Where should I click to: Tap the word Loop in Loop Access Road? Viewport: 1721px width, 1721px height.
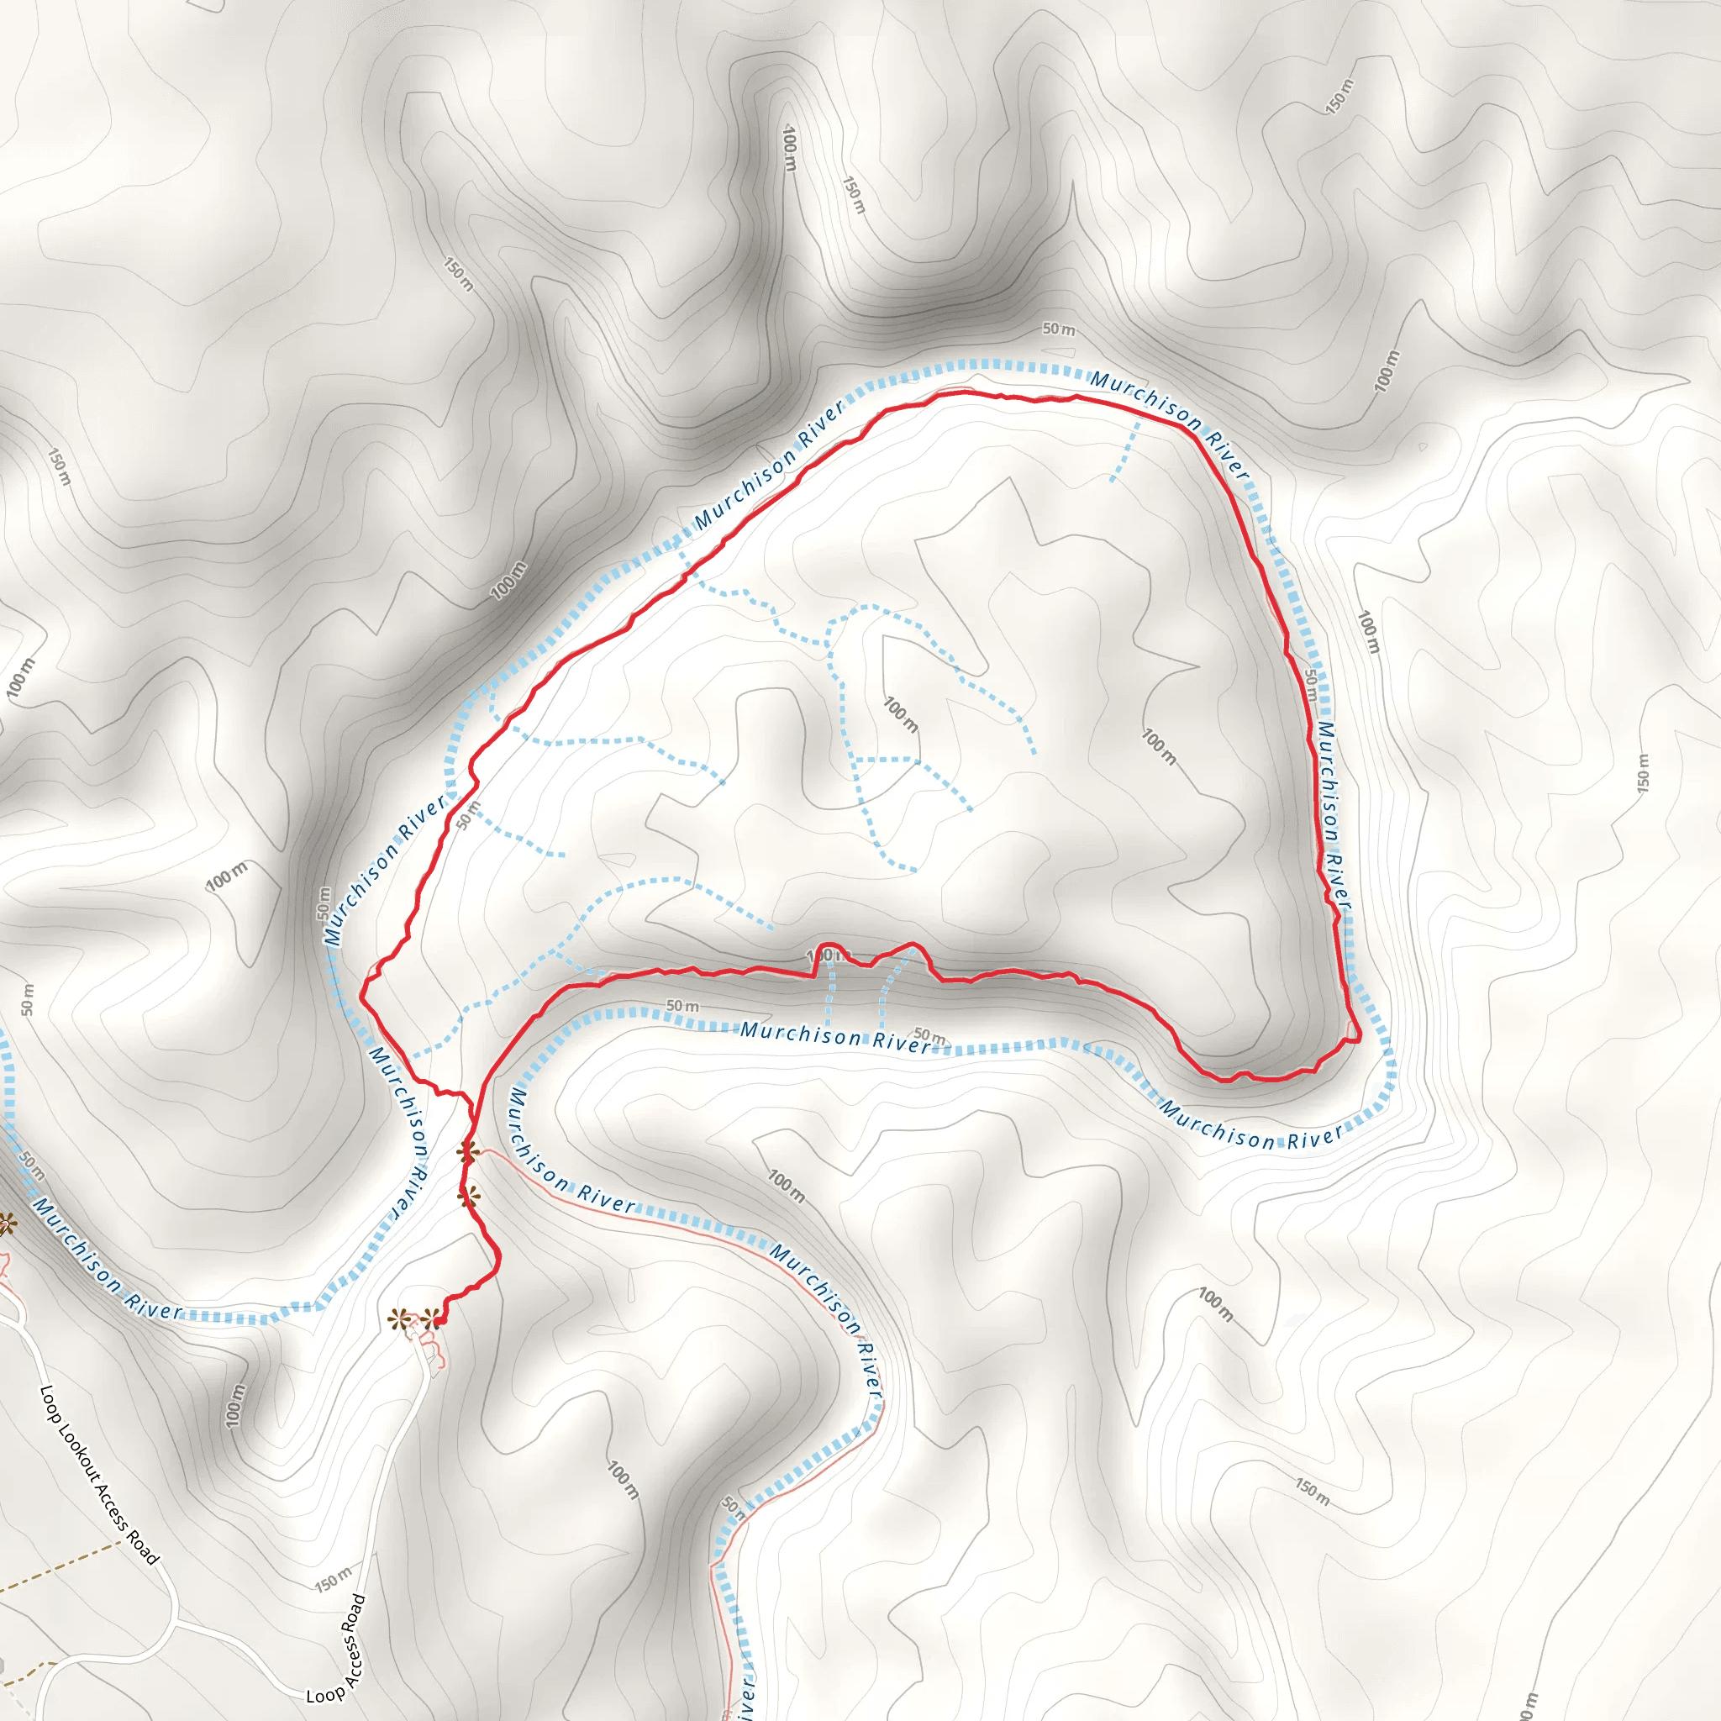[x=324, y=1692]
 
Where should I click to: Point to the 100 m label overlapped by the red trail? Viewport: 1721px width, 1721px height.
[x=820, y=955]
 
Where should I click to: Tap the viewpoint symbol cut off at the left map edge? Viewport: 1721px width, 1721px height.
[x=4, y=1224]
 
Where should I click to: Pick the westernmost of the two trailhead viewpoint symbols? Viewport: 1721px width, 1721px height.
[x=400, y=1318]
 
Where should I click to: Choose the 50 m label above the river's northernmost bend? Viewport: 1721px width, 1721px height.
[x=1058, y=329]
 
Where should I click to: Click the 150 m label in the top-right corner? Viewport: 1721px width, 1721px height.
[x=1339, y=95]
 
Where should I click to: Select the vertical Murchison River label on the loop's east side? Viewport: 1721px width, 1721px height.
[x=1334, y=815]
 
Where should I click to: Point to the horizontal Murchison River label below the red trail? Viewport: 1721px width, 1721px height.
[x=835, y=1036]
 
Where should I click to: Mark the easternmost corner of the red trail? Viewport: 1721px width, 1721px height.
[x=1360, y=1039]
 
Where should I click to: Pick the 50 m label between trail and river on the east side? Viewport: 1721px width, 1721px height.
[x=1312, y=684]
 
